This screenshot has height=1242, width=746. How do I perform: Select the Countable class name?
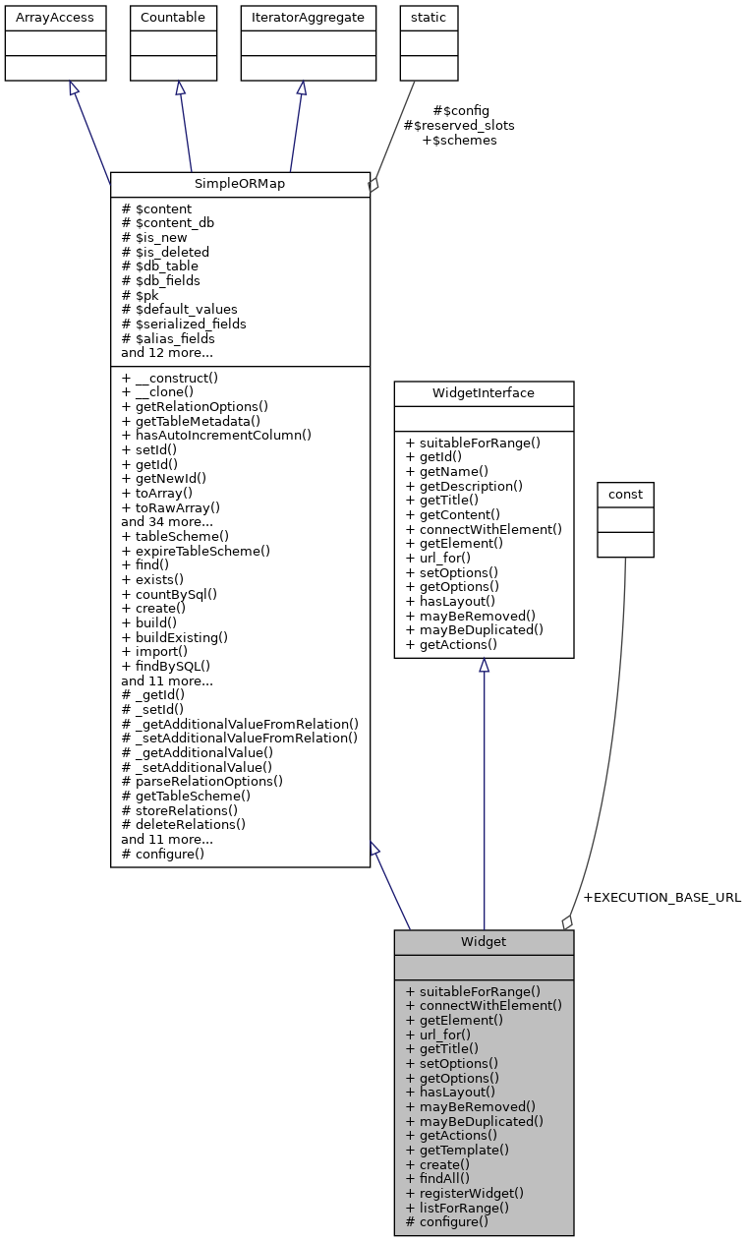pos(174,18)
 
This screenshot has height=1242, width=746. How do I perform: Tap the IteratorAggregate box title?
pos(301,18)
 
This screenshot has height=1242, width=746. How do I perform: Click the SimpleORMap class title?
pos(240,185)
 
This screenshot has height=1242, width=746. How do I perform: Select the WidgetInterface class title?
pos(484,393)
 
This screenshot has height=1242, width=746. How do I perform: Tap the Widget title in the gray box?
pos(484,942)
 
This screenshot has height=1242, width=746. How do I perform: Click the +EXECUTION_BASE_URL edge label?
pos(661,898)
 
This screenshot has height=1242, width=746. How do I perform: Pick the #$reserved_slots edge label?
pos(459,126)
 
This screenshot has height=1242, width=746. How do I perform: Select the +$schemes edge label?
pos(459,141)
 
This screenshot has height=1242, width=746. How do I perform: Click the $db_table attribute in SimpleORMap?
pos(159,266)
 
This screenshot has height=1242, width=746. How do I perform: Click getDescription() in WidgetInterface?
pos(464,486)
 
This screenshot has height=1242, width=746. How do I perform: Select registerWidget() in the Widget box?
pos(464,1193)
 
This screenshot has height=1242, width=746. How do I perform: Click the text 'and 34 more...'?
pos(167,522)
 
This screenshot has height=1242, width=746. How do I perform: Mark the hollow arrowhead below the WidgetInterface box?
pos(484,666)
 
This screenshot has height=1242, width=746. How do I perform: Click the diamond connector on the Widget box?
pos(567,922)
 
